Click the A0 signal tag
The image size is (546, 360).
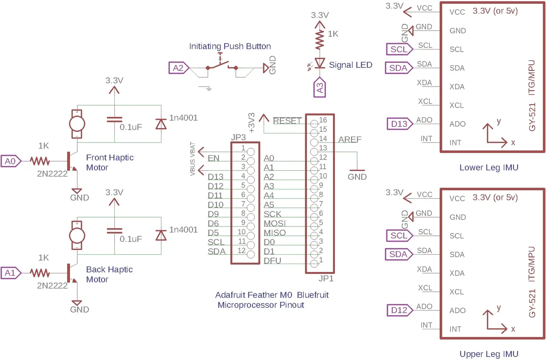10,161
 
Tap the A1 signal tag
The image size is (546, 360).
10,273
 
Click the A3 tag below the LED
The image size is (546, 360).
319,88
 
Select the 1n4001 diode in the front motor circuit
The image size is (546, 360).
160,124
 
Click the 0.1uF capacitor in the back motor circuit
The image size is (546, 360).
114,231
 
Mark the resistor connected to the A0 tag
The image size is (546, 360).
40,161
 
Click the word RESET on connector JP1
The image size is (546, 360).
288,121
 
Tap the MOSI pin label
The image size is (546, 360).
275,224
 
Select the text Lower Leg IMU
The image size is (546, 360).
489,168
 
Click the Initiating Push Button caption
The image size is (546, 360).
230,46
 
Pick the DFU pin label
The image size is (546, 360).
273,261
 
